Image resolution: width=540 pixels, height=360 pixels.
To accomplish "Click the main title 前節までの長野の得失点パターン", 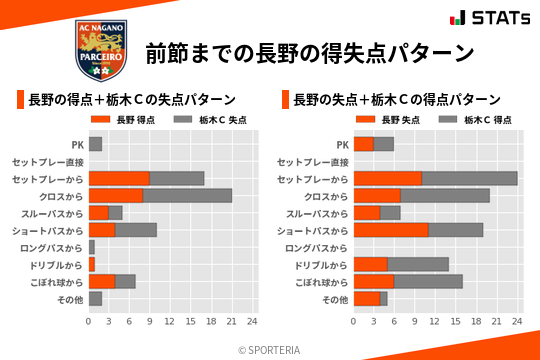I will point(308,52).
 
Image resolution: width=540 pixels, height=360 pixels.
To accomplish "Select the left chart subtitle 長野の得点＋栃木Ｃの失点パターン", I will point(132,99).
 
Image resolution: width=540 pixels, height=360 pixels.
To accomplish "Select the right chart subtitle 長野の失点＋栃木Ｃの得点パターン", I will point(397,99).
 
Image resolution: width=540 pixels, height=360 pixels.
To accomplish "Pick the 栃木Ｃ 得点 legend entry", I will point(473,120).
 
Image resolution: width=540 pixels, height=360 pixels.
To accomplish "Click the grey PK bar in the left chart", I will point(95,144).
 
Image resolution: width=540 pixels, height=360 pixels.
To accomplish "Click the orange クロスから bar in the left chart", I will point(116,195).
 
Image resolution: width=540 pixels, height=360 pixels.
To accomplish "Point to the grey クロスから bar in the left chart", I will point(187,195).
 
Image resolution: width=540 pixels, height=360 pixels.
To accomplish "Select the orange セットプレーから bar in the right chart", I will point(388,178).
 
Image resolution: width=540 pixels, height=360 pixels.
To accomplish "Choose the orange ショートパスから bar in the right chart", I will point(391,230).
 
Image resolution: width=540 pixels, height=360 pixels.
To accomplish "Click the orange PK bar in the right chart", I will point(364,144).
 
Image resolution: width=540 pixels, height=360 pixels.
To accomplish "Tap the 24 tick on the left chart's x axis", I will point(252,322).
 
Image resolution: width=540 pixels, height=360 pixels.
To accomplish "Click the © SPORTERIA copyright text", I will point(270,349).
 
